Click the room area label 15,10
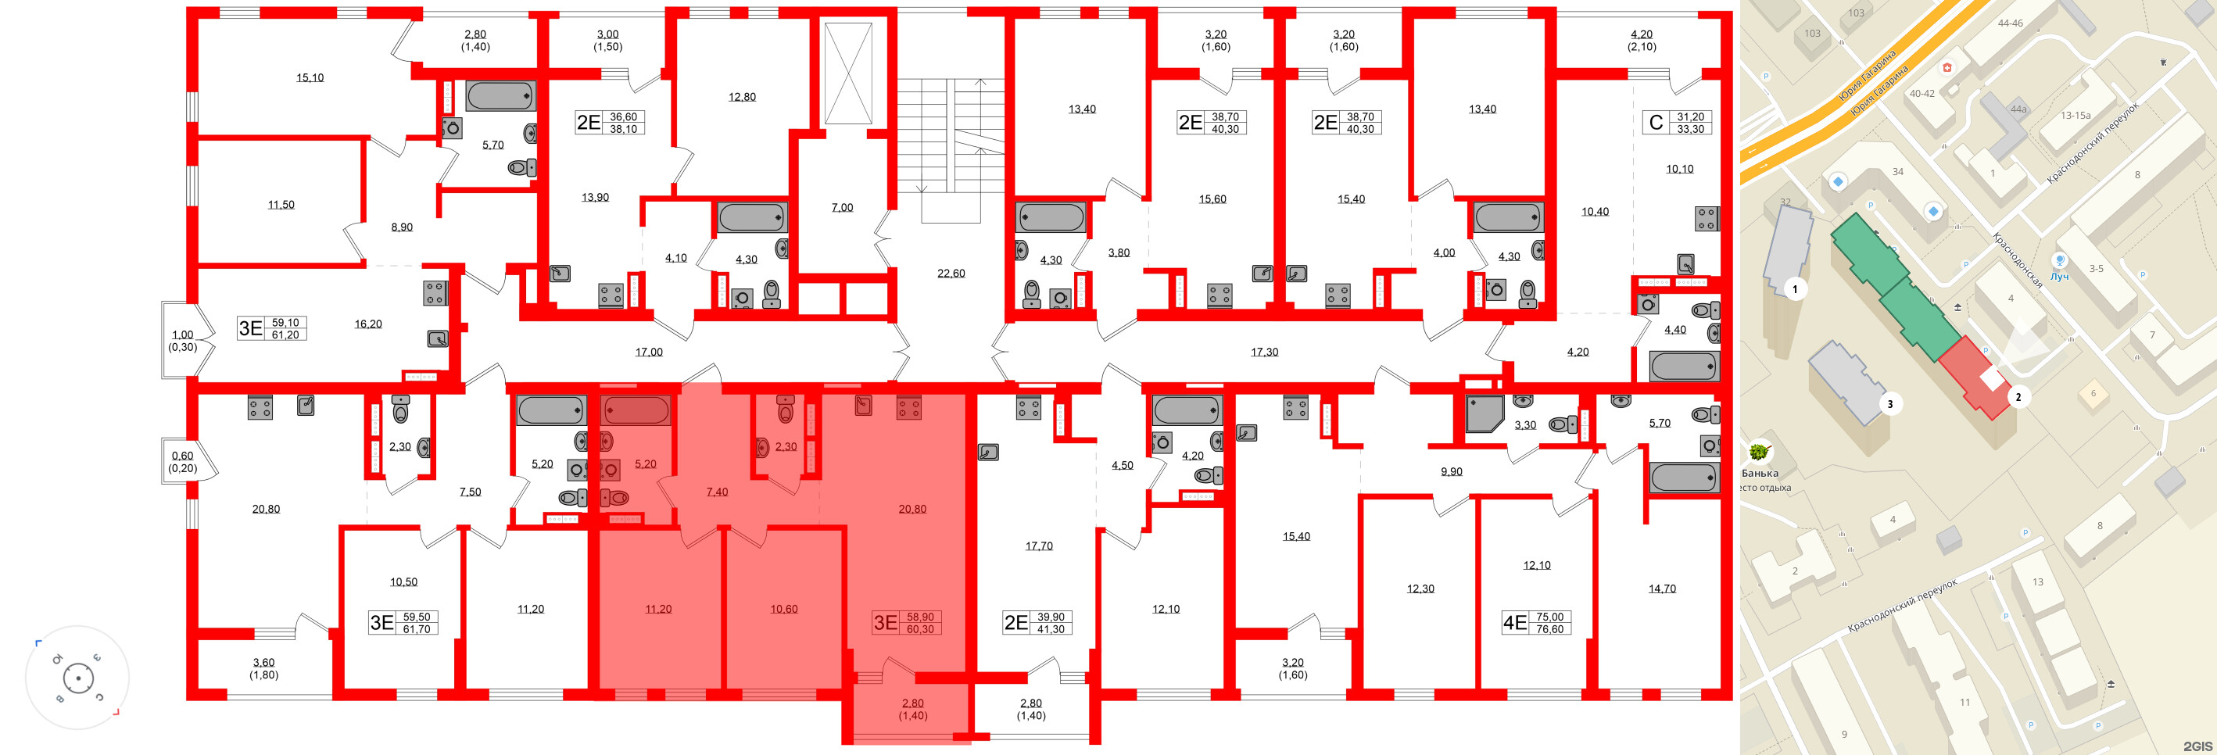[x=310, y=77]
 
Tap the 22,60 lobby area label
[x=951, y=274]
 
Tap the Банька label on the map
[x=1759, y=473]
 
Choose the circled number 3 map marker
[x=1890, y=404]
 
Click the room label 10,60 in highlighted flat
[x=783, y=610]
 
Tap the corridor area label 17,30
[x=1264, y=352]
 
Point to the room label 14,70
[x=1662, y=589]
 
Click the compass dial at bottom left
[x=78, y=678]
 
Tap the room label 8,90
[x=402, y=227]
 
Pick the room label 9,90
[x=1451, y=472]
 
